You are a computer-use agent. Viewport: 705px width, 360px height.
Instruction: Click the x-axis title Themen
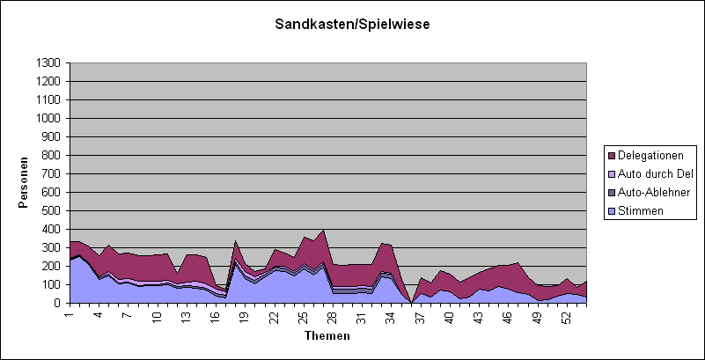pos(327,336)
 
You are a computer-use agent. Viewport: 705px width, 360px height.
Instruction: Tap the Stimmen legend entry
pos(643,210)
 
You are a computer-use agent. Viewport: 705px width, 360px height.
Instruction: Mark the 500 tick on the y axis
pos(53,210)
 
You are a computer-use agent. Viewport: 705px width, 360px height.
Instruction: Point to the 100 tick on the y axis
pos(53,284)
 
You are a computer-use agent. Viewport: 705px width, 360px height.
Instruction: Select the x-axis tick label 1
pos(70,314)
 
